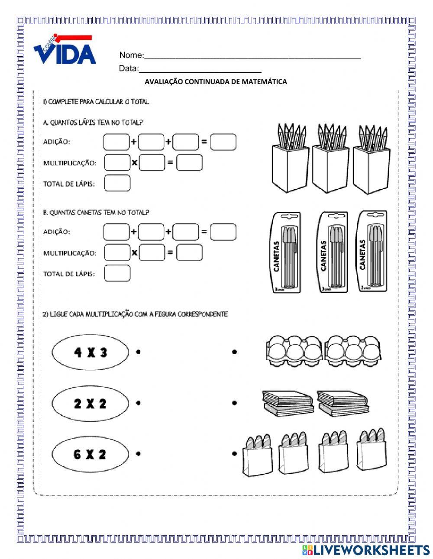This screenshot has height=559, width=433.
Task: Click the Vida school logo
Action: click(x=65, y=50)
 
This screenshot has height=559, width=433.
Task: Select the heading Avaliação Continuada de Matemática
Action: click(x=216, y=81)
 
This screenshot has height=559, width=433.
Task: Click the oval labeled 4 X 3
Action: click(x=90, y=352)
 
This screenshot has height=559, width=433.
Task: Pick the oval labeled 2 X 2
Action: click(x=90, y=404)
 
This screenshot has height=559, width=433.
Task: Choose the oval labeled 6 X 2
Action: click(x=90, y=454)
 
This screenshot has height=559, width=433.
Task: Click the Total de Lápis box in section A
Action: click(x=117, y=183)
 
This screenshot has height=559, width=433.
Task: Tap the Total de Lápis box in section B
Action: click(x=117, y=273)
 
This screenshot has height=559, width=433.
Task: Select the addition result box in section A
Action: click(x=223, y=142)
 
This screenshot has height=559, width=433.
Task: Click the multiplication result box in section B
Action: click(x=189, y=252)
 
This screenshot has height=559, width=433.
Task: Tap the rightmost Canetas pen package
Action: click(x=371, y=251)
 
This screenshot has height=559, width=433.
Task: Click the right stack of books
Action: click(x=343, y=403)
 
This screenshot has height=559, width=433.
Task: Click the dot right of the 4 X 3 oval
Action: click(x=138, y=352)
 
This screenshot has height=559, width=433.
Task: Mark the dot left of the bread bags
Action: click(x=234, y=454)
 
